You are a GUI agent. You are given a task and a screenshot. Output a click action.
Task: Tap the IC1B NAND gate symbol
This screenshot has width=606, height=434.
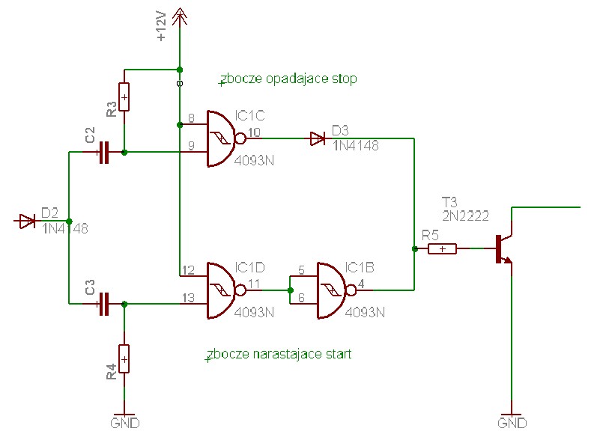334,290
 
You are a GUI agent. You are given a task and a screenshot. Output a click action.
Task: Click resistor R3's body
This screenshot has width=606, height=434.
124,97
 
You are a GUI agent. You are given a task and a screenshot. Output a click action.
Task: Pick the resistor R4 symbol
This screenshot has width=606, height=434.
124,358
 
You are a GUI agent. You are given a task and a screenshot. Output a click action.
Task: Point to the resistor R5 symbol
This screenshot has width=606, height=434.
442,249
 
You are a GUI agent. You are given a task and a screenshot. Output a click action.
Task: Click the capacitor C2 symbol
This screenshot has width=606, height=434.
104,153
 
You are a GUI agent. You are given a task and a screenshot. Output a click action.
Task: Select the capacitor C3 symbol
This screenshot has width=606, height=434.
104,305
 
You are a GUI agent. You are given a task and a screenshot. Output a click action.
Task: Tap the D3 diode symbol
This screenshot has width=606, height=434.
318,138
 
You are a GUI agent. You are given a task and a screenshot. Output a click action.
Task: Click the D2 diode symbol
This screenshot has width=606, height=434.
27,221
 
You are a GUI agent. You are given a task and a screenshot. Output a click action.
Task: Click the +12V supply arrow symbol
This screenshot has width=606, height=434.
179,17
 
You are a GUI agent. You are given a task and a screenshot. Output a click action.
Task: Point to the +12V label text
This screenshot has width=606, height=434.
161,26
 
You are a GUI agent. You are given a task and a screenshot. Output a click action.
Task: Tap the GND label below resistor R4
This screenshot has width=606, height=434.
125,424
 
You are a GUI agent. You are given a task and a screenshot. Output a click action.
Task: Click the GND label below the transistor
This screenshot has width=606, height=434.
512,424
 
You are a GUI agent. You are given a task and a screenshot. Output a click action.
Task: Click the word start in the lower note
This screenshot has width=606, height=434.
339,354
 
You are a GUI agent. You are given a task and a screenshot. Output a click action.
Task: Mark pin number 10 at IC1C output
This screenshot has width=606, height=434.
254,132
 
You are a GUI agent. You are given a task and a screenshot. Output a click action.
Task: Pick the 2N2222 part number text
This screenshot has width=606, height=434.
465,216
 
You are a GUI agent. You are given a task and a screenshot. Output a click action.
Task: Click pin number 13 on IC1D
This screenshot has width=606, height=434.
188,298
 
